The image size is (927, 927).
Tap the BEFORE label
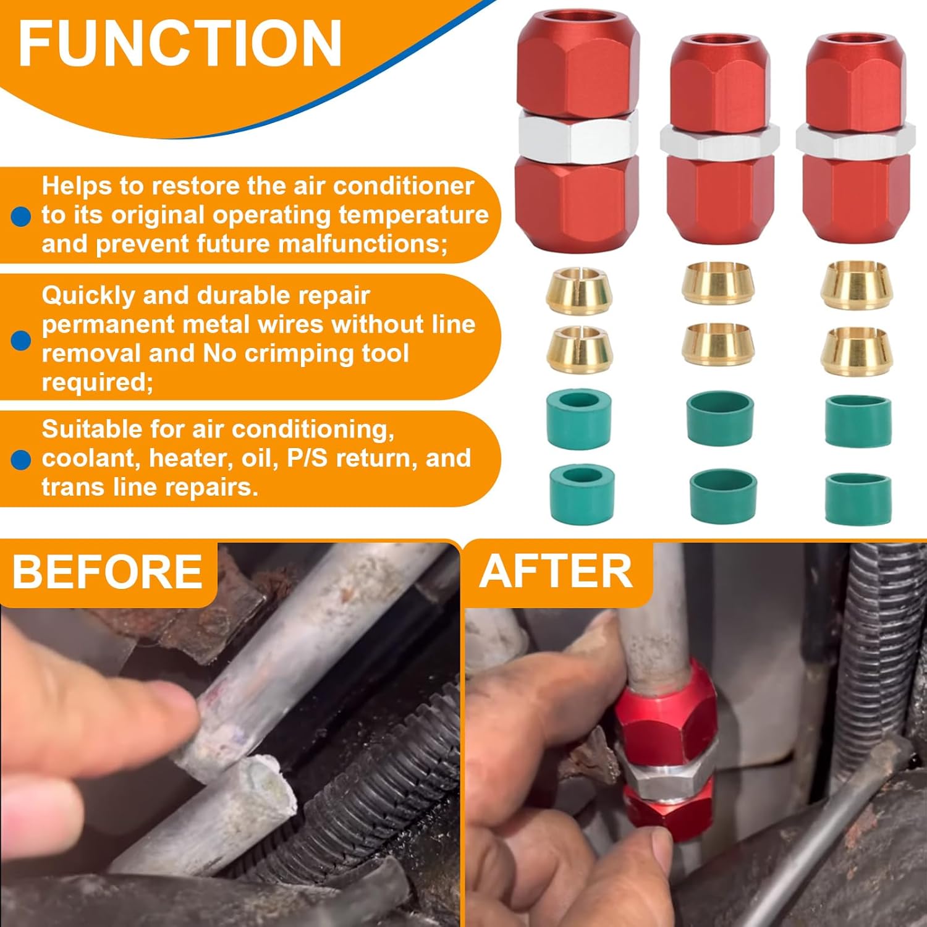pos(108,572)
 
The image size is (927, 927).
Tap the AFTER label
pos(556,572)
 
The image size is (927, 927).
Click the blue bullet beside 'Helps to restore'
pos(21,216)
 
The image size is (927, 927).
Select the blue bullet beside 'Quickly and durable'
pos(21,340)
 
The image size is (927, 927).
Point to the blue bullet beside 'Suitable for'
pos(21,459)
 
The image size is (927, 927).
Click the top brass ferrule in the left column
pos(579,290)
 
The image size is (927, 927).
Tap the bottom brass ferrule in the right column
pos(856,350)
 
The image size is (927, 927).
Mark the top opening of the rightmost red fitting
pos(855,41)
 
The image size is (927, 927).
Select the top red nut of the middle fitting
pos(719,83)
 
